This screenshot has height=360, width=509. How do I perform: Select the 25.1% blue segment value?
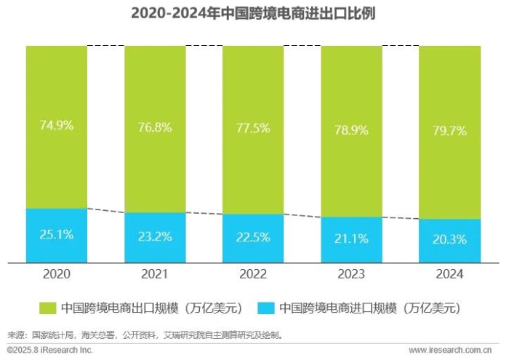pyautogui.click(x=56, y=236)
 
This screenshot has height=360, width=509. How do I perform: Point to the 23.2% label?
pyautogui.click(x=154, y=237)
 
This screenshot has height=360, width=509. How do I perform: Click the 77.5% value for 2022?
pyautogui.click(x=252, y=128)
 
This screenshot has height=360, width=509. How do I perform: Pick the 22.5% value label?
pyautogui.click(x=252, y=238)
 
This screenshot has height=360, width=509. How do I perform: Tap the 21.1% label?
pyautogui.click(x=350, y=239)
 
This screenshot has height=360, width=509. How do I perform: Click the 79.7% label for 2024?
pyautogui.click(x=449, y=131)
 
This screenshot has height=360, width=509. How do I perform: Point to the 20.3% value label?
pyautogui.click(x=449, y=240)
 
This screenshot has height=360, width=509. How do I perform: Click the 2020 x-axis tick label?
pyautogui.click(x=56, y=274)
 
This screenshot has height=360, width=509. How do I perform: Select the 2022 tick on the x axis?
pyautogui.click(x=252, y=274)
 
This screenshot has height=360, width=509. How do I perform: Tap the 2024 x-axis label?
pyautogui.click(x=449, y=274)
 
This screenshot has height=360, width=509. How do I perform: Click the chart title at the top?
pyautogui.click(x=254, y=14)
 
